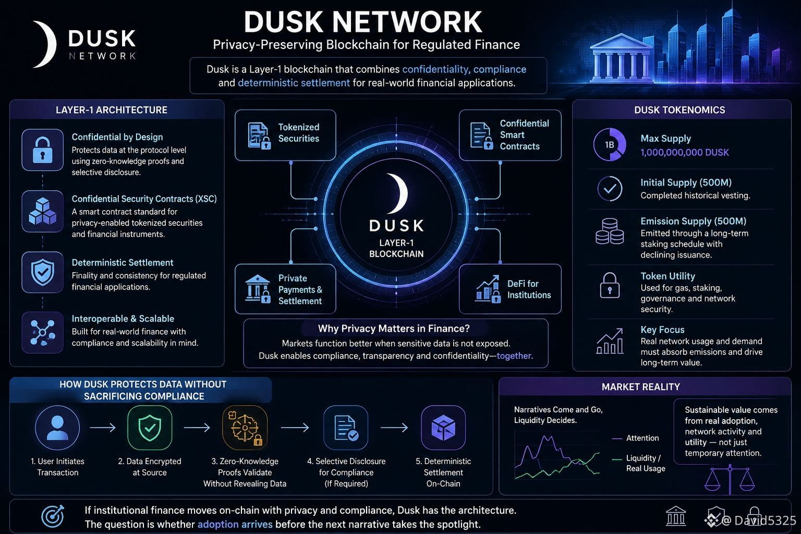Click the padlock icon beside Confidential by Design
click(43, 150)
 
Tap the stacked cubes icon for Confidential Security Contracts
click(43, 211)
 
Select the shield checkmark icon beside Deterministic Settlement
click(43, 272)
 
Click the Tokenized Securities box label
click(299, 132)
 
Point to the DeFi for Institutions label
click(529, 289)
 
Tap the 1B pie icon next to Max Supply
click(610, 144)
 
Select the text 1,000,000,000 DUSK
click(684, 152)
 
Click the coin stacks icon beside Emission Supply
click(610, 231)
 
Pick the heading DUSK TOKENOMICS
click(679, 110)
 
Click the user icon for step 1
click(57, 428)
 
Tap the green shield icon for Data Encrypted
click(150, 428)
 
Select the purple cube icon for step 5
click(443, 428)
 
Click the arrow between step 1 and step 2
click(103, 428)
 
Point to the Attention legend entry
click(636, 438)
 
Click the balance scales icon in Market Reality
click(730, 479)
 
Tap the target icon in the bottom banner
click(53, 516)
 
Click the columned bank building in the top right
click(621, 57)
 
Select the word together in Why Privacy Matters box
click(514, 356)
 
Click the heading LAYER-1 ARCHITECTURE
click(111, 110)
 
